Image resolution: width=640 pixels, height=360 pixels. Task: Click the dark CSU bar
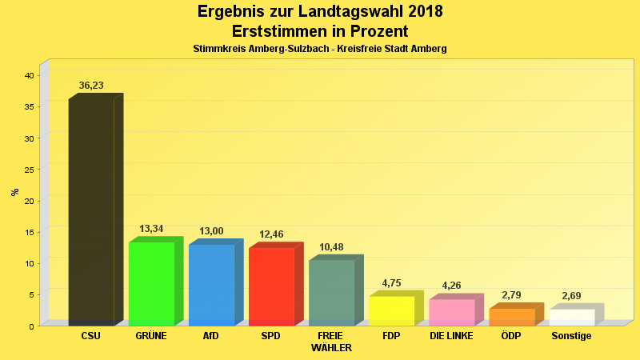point(91,212)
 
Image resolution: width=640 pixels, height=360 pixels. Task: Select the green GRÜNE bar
point(151,283)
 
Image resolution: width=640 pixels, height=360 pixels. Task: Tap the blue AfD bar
point(211,285)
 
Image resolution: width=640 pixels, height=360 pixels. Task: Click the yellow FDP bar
point(391,310)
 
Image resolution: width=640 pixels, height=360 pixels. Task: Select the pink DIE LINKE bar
point(451,312)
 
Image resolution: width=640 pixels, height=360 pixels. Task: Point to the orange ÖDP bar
point(512,317)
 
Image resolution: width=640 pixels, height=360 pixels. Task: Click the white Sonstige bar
point(572,317)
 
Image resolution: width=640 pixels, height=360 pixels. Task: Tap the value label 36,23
point(91,86)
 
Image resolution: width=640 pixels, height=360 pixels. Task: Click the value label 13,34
point(151,229)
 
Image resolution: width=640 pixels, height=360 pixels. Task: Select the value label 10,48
point(331,247)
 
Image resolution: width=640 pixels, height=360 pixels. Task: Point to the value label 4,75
point(391,283)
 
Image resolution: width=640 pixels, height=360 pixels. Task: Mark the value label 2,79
point(512,295)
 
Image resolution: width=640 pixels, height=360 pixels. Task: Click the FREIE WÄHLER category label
point(331,342)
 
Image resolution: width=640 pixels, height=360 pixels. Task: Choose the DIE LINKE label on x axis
point(451,336)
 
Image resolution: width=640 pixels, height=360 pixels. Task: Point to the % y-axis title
point(14,192)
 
